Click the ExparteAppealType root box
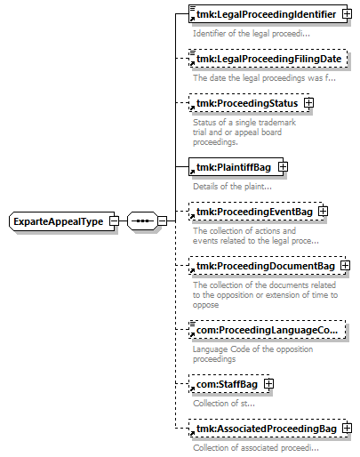[x=61, y=221]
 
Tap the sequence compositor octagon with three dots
[x=142, y=220]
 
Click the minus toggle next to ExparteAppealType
[x=114, y=221]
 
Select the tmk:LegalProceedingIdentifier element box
[x=268, y=14]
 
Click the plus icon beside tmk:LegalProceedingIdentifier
[x=347, y=14]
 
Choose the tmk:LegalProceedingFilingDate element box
[x=268, y=59]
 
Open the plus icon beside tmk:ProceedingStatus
[x=308, y=103]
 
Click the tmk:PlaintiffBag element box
[x=236, y=167]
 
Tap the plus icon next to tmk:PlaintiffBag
[x=283, y=167]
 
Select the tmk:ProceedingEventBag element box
[x=256, y=212]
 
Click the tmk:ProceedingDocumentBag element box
[x=267, y=266]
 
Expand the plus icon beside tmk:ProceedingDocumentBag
[x=345, y=266]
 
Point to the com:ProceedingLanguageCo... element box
[x=267, y=330]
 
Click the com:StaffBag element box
[x=229, y=384]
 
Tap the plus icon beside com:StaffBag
[x=268, y=384]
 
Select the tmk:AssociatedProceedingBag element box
[x=268, y=429]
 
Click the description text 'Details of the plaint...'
[x=232, y=187]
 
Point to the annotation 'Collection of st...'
[x=224, y=404]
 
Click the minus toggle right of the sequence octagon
[x=162, y=220]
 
